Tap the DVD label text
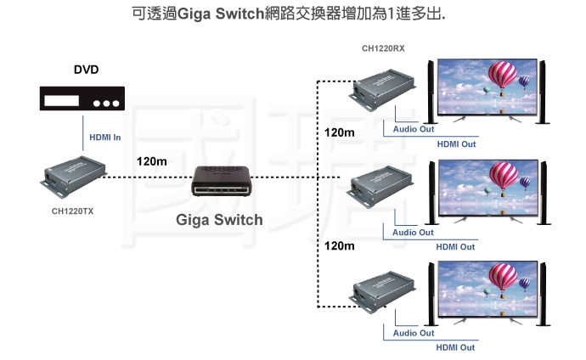pos(86,69)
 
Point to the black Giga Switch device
pos(220,182)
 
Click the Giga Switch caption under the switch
pos(219,220)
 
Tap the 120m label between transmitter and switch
pos(151,161)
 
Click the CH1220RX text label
pos(383,48)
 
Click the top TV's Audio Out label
pos(414,130)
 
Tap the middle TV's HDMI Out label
pos(456,246)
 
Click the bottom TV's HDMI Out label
pos(456,347)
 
